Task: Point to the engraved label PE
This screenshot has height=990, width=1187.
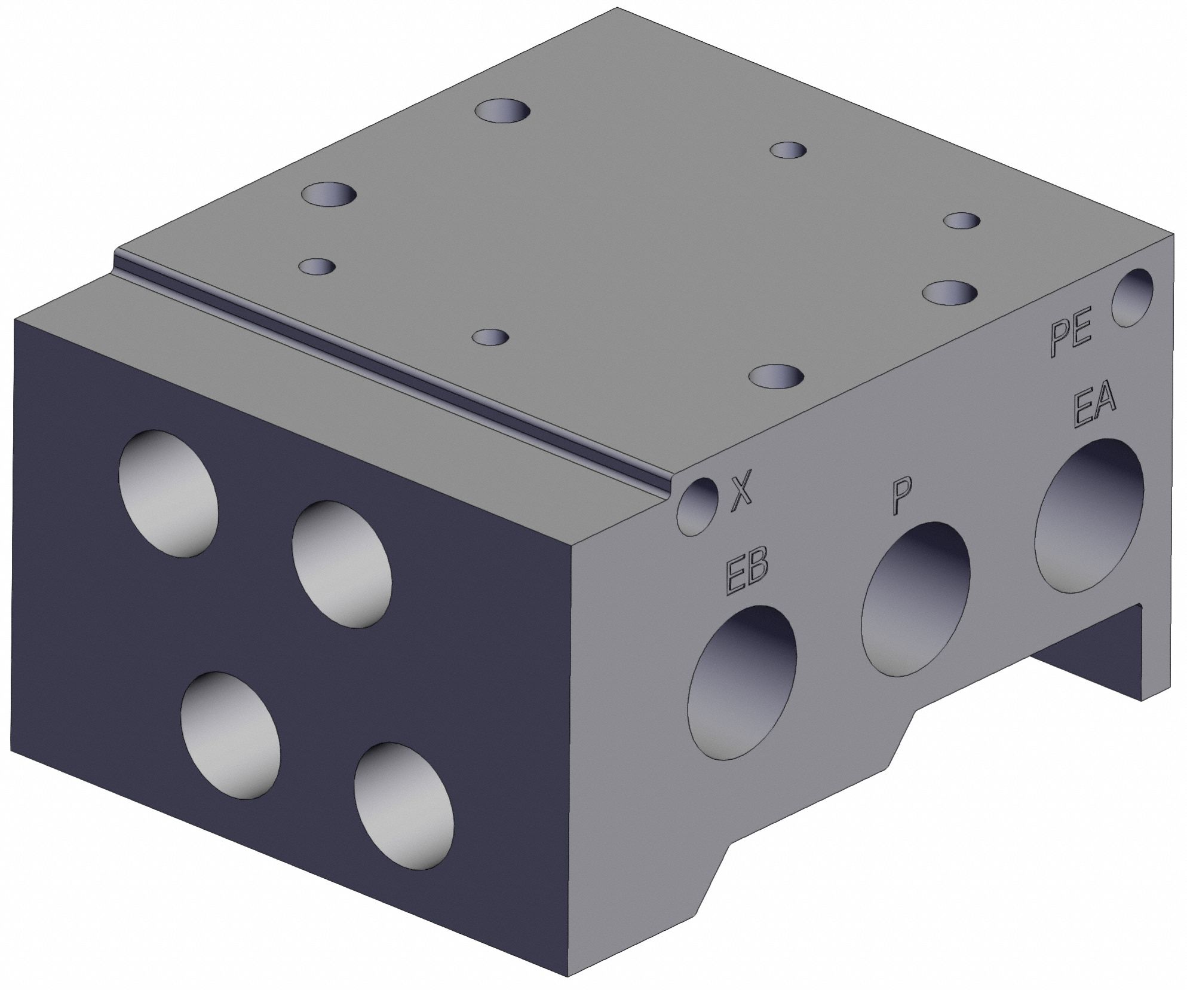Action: [1071, 340]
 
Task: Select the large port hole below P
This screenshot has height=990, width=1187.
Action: [915, 599]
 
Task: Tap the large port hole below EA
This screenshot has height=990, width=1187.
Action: [1088, 516]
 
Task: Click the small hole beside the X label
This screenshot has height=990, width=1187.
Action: [698, 506]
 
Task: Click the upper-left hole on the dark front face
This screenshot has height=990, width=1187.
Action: [169, 494]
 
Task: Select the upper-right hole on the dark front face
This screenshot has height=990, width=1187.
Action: [341, 564]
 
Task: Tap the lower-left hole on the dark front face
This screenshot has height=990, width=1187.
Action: [230, 735]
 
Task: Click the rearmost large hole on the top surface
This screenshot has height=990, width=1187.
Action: [504, 112]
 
